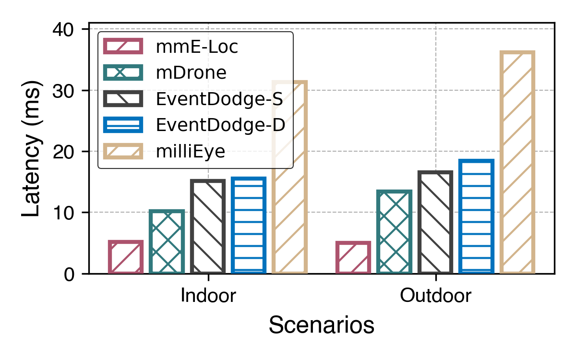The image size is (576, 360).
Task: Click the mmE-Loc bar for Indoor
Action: (126, 257)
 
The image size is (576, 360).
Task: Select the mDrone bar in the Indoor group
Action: (167, 242)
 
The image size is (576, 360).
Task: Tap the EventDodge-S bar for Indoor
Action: (207, 227)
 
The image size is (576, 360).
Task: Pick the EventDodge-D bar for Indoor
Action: (248, 226)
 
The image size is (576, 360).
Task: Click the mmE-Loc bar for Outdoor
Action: (353, 258)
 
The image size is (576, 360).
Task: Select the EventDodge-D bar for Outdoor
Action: (476, 216)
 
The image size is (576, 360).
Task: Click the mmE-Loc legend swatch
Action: (123, 47)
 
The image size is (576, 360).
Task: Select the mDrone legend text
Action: (191, 73)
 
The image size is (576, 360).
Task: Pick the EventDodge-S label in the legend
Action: (219, 99)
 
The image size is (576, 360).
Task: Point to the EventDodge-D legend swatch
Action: (123, 125)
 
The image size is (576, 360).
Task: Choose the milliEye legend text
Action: (190, 152)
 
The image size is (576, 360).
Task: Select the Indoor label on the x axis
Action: (208, 296)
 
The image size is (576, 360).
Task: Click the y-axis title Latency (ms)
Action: (32, 149)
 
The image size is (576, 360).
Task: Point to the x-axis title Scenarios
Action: (321, 325)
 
